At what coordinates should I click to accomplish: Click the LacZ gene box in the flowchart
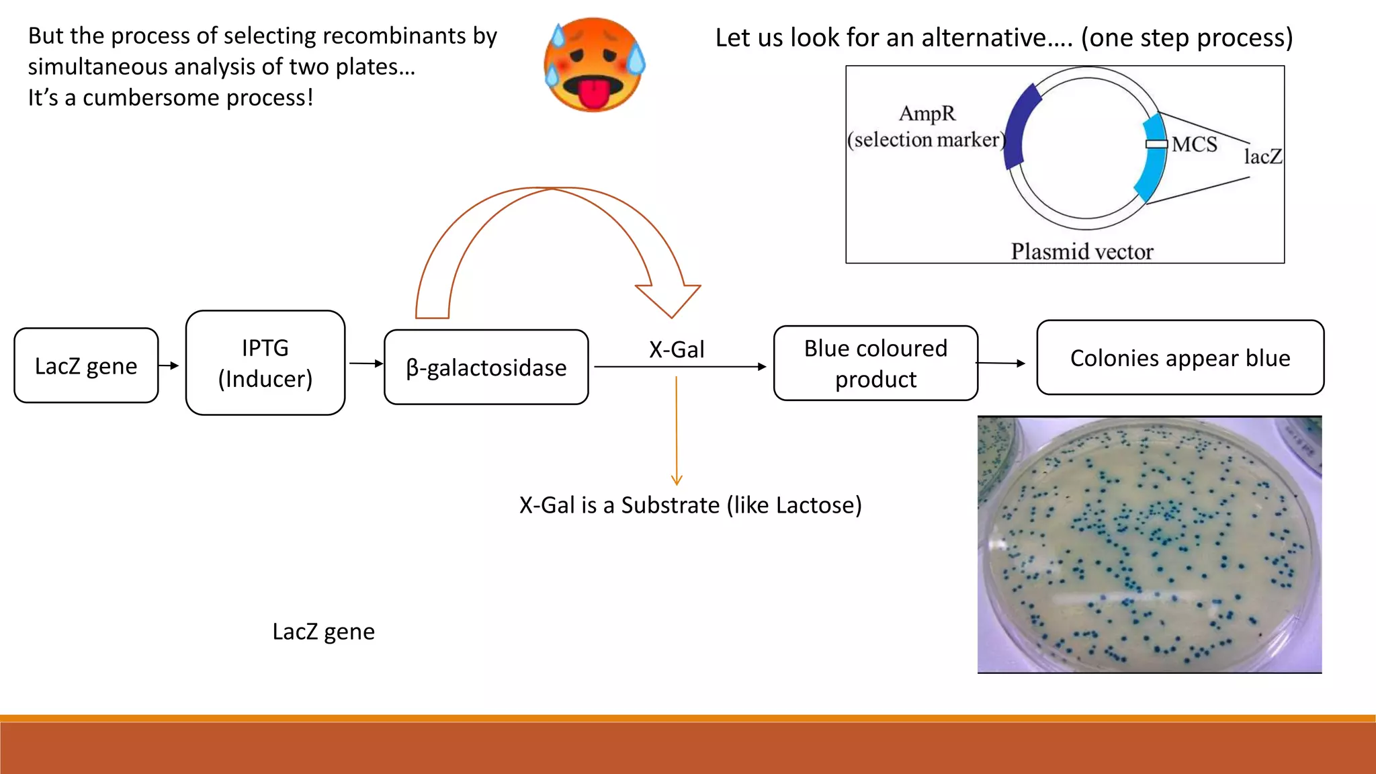(x=86, y=365)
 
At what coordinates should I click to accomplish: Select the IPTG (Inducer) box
(x=265, y=363)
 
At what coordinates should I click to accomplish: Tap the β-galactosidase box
(x=486, y=368)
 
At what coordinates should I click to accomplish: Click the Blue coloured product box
(x=875, y=363)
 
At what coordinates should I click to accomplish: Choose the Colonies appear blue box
(x=1180, y=357)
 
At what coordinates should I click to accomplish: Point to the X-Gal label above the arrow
(x=677, y=349)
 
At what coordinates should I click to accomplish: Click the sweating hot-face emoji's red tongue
(x=593, y=95)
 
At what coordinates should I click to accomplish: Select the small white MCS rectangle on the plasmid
(x=1156, y=144)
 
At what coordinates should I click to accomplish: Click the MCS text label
(x=1194, y=144)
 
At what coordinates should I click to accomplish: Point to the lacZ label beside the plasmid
(x=1262, y=157)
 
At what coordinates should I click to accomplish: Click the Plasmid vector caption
(x=1082, y=251)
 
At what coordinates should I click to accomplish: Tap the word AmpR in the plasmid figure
(x=927, y=114)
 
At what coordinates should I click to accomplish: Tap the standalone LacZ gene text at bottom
(x=323, y=631)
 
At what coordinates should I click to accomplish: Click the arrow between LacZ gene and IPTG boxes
(x=170, y=365)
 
